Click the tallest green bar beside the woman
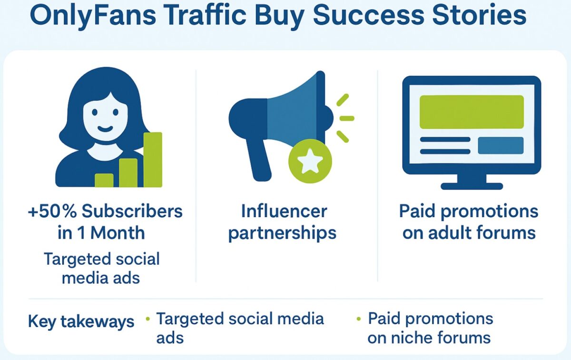153,160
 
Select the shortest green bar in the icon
104,180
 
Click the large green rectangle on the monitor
471,112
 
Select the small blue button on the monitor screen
500,145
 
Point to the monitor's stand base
471,184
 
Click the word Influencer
284,211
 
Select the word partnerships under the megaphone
282,233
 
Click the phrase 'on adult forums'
469,233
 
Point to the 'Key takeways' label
81,322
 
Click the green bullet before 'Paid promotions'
358,319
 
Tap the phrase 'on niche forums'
429,338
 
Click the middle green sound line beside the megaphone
346,118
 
